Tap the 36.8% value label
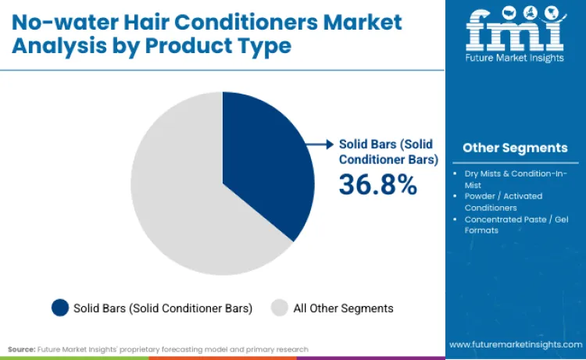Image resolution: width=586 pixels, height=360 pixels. click(377, 184)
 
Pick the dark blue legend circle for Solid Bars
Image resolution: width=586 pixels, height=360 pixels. click(59, 308)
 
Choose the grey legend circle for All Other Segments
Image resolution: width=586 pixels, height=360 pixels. click(279, 308)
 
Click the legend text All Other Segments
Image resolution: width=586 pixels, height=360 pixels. click(343, 308)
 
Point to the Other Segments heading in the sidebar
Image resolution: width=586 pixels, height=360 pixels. click(515, 148)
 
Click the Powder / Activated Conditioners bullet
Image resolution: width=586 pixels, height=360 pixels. click(504, 201)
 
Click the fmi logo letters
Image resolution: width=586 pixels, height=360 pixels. click(515, 30)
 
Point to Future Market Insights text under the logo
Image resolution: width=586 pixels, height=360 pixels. click(515, 59)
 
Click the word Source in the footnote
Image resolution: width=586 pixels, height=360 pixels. click(20, 349)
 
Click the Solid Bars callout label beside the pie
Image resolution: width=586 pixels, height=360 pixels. click(384, 151)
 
